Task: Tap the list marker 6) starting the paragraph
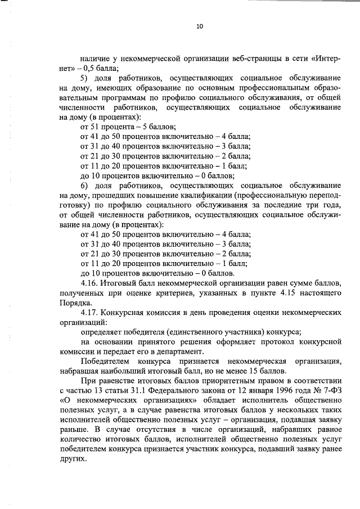pos(85,186)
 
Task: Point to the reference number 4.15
pos(269,292)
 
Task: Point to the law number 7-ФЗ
pos(329,390)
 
